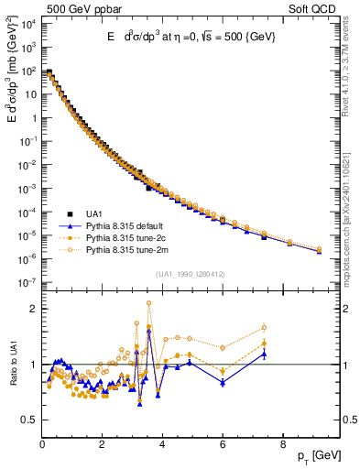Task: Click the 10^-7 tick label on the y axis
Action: point(27,281)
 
